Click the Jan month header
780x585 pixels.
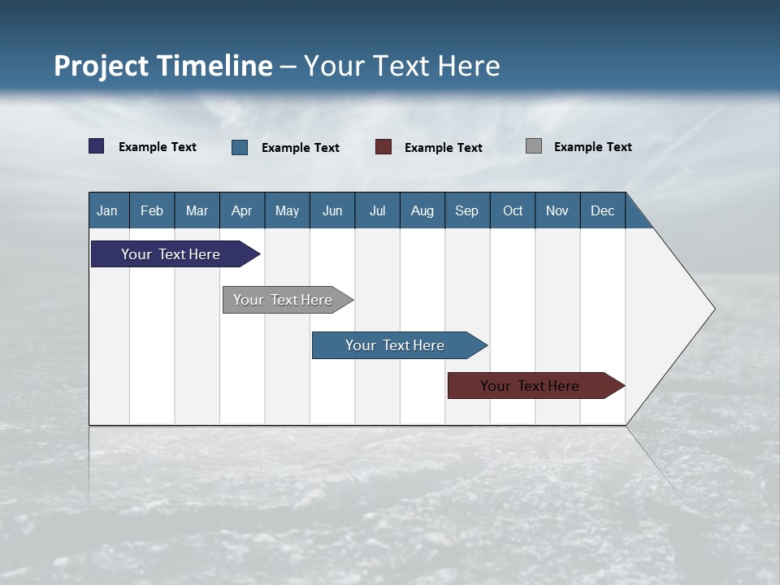pyautogui.click(x=108, y=210)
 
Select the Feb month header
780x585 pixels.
pyautogui.click(x=152, y=210)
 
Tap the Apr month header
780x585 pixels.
pyautogui.click(x=242, y=210)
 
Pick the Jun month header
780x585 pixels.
pyautogui.click(x=332, y=210)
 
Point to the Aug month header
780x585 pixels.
pyautogui.click(x=422, y=210)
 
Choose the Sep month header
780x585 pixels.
pyautogui.click(x=467, y=210)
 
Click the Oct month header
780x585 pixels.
pyautogui.click(x=513, y=210)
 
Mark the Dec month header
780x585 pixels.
pyautogui.click(x=603, y=210)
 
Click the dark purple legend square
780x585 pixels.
pyautogui.click(x=97, y=146)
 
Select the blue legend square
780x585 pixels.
pyautogui.click(x=240, y=147)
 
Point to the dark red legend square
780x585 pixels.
pyautogui.click(x=383, y=147)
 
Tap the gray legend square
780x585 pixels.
pyautogui.click(x=534, y=146)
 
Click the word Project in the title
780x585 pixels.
pyautogui.click(x=102, y=66)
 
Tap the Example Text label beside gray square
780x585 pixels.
pyautogui.click(x=592, y=147)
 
